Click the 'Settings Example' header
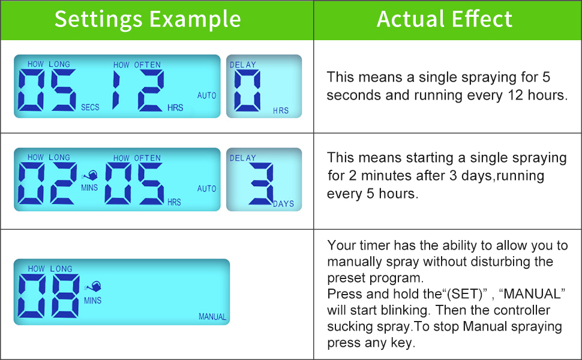[x=148, y=19]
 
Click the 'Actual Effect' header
[x=445, y=19]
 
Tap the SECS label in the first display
[x=90, y=107]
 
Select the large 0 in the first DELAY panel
[x=247, y=91]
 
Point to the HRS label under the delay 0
[x=281, y=111]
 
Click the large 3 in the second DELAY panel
[x=262, y=184]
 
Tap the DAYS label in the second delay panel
[x=284, y=204]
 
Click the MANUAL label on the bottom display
[x=212, y=317]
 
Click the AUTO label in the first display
[x=207, y=96]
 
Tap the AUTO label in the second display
[x=207, y=189]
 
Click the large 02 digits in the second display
[x=47, y=184]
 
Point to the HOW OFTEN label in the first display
[x=137, y=65]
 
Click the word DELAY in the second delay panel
[x=242, y=158]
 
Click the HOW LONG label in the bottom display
[x=50, y=269]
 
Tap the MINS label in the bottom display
[x=92, y=300]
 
